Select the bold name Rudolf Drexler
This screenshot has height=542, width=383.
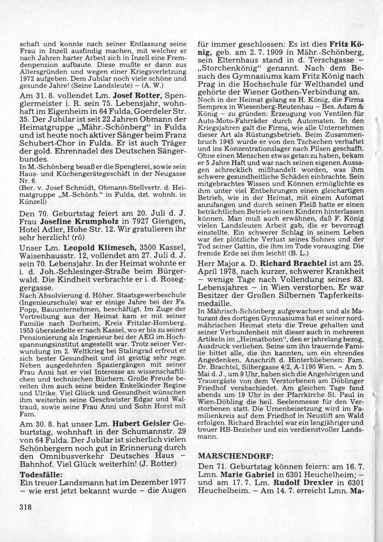pos(296,483)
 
